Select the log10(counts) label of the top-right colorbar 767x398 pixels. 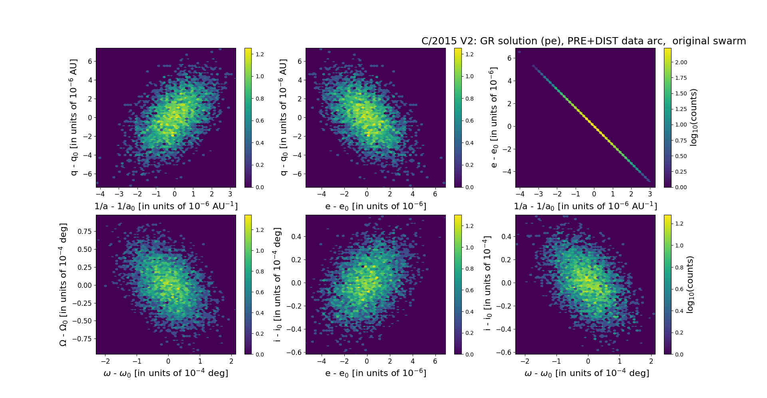click(x=693, y=117)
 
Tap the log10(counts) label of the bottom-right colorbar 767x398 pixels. click(x=690, y=284)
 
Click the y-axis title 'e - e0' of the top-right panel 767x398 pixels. click(x=494, y=117)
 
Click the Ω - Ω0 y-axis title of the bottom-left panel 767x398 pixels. click(x=63, y=284)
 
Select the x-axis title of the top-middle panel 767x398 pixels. click(x=376, y=206)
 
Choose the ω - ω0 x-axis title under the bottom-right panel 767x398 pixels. click(x=586, y=373)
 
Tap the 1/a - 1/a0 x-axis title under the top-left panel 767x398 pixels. click(x=166, y=206)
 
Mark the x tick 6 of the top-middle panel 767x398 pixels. click(x=435, y=194)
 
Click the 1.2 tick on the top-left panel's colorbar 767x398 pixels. click(x=260, y=54)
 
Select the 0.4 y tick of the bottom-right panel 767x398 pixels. click(x=506, y=236)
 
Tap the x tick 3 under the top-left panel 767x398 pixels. click(x=230, y=194)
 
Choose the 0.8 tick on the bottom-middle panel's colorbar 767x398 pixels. click(x=469, y=269)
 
